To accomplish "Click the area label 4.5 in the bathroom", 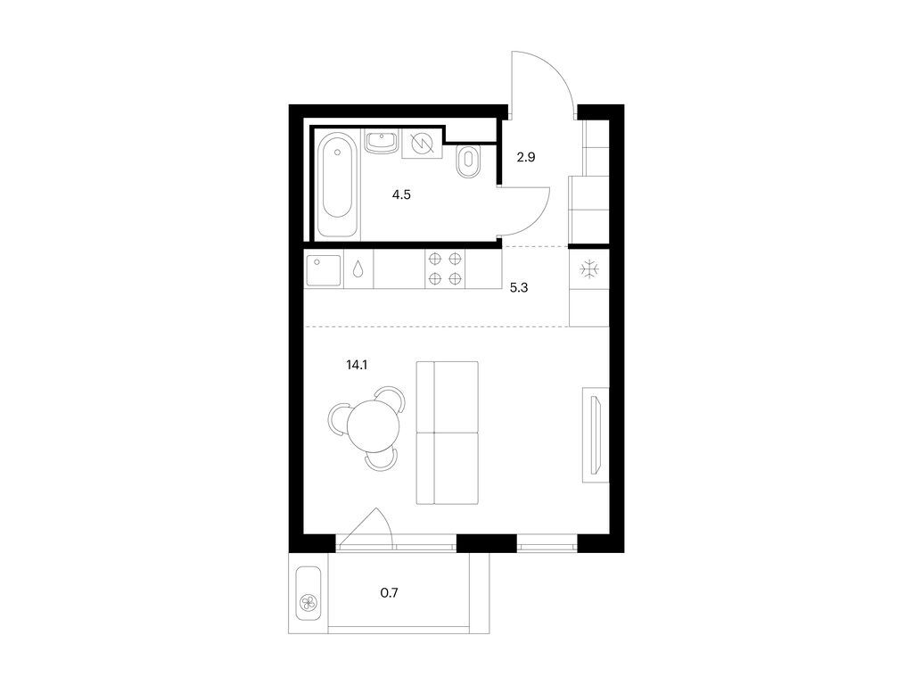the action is click(401, 194).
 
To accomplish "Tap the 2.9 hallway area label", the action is click(526, 157).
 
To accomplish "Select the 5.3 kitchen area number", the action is click(519, 288).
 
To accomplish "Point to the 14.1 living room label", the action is click(357, 365).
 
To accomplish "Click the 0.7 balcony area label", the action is click(390, 593).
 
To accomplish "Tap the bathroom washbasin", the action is click(382, 142).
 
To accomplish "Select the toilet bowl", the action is click(467, 161).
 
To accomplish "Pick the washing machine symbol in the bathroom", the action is click(422, 143).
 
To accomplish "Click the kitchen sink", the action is click(324, 271).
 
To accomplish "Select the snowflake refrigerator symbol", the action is click(589, 269).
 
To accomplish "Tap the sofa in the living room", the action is click(448, 433).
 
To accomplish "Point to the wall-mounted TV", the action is click(595, 435).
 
